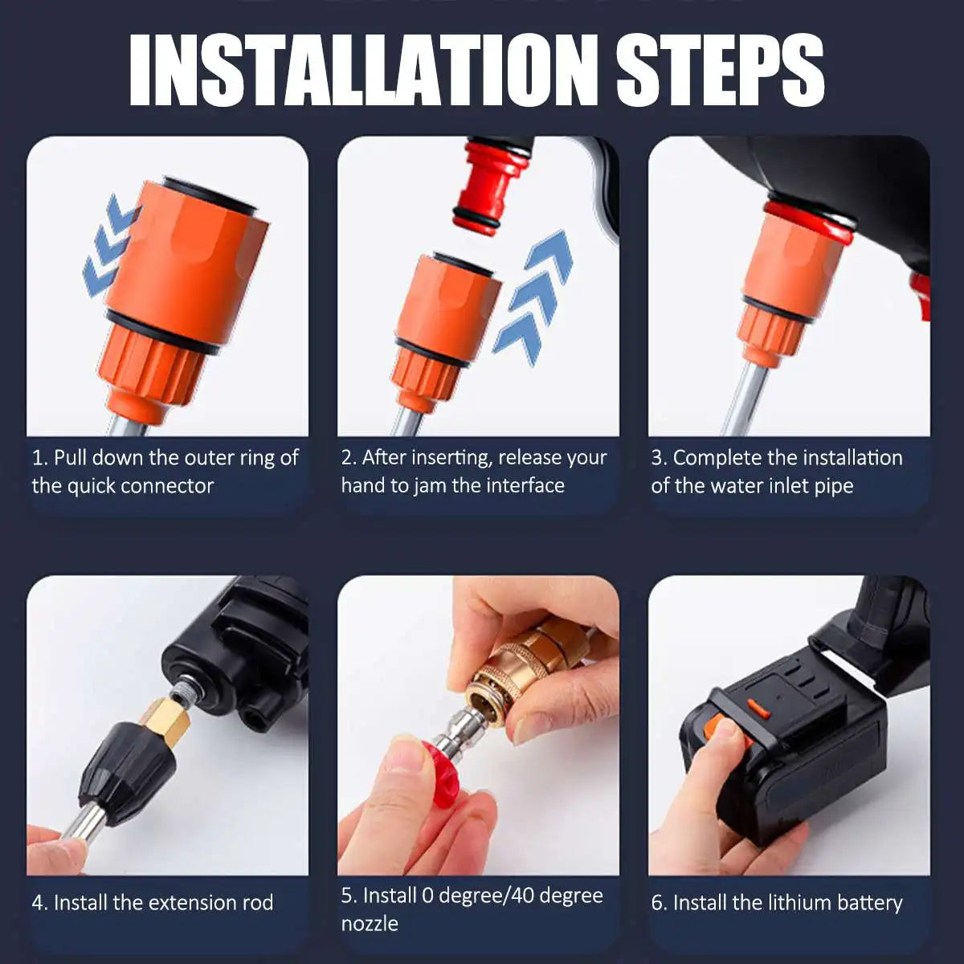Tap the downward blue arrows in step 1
pyautogui.click(x=110, y=245)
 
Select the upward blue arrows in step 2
pyautogui.click(x=534, y=293)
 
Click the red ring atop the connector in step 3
pyautogui.click(x=807, y=222)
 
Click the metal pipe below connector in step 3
pyautogui.click(x=747, y=402)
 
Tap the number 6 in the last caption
pyautogui.click(x=658, y=903)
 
